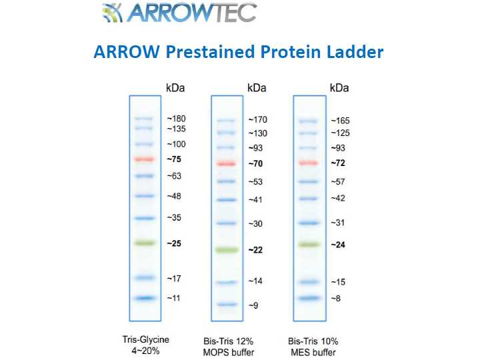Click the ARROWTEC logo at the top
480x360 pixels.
(180, 13)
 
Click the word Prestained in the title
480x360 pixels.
(210, 52)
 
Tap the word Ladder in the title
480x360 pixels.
(355, 52)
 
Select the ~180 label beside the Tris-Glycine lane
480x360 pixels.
(176, 119)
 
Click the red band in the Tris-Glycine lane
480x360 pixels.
(145, 159)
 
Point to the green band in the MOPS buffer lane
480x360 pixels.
(227, 250)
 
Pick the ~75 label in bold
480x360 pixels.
(174, 159)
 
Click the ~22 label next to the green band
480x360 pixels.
(255, 250)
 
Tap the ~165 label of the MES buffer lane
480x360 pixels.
(340, 121)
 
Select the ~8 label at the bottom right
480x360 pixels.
(336, 298)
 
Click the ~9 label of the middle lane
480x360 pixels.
(253, 305)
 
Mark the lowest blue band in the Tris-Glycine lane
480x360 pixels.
(145, 298)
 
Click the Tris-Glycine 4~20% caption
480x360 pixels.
(146, 345)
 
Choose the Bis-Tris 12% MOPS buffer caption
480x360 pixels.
(229, 347)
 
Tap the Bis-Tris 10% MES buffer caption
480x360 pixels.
(313, 347)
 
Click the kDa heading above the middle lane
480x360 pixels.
(257, 88)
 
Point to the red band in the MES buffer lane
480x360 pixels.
(309, 163)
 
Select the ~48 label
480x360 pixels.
(174, 196)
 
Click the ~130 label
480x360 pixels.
(258, 133)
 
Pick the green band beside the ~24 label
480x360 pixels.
(309, 245)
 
